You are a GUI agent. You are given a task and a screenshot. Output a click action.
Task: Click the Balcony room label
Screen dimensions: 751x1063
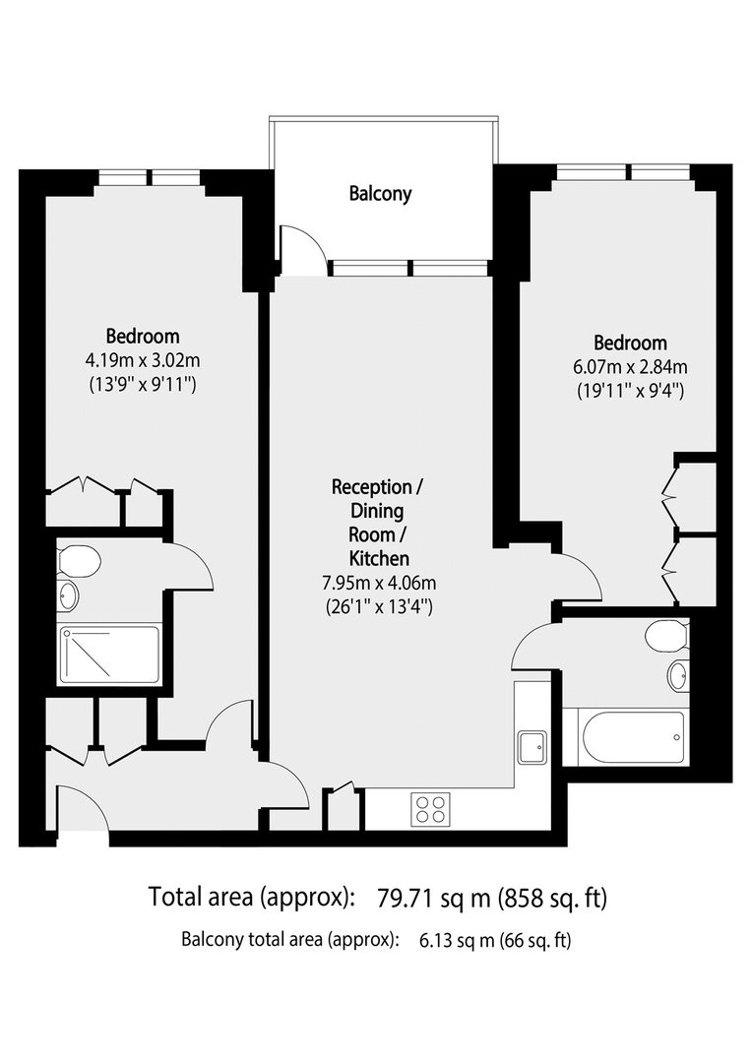(380, 194)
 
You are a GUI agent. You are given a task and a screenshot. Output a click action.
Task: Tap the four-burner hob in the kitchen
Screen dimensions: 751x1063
(430, 808)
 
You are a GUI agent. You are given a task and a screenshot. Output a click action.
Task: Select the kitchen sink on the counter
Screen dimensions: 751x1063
(532, 748)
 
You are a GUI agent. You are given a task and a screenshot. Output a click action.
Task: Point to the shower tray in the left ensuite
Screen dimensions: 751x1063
(109, 655)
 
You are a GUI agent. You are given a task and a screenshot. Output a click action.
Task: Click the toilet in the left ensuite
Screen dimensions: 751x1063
(80, 562)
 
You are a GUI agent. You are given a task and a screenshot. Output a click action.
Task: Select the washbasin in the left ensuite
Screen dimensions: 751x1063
(68, 595)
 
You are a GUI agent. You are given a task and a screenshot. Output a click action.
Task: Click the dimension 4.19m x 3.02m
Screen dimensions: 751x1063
(143, 360)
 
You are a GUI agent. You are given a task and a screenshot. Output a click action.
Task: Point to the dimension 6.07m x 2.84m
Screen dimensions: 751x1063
(630, 367)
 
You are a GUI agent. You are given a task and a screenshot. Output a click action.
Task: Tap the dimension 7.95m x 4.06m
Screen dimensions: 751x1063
(379, 583)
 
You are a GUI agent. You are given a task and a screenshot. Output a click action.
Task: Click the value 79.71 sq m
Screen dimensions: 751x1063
(434, 898)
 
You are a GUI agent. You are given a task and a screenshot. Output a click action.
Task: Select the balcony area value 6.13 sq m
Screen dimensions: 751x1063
(457, 940)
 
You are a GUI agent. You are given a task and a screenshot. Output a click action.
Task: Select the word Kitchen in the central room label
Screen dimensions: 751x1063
(379, 559)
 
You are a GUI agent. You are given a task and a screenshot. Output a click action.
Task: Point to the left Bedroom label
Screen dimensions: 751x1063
(143, 337)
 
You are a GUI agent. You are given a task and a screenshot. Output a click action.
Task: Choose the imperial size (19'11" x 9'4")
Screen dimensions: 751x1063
(630, 391)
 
